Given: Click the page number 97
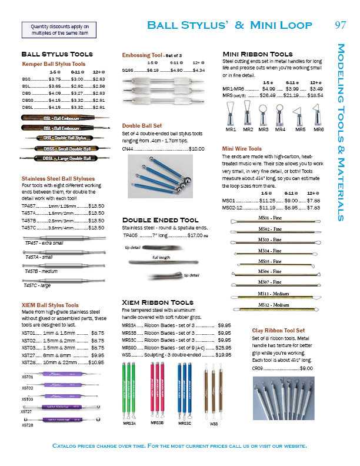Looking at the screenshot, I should coord(340,25).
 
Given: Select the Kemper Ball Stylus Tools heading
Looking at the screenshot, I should coord(54,64).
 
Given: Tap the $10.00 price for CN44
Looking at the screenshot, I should coord(196,149).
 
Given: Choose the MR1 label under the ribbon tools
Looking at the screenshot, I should coord(231,129).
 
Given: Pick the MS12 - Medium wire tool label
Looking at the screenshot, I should coord(274,305).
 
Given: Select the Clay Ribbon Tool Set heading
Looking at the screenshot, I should coord(278,331).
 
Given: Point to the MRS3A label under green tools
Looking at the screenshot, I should coord(130,422).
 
